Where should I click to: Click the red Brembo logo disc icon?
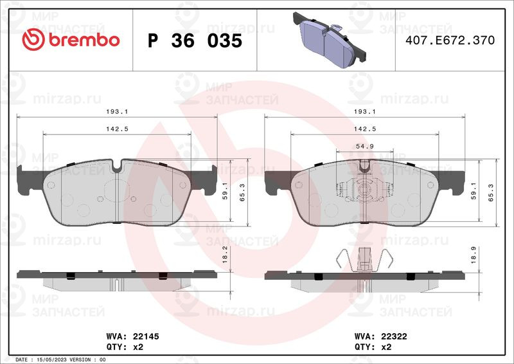click(x=33, y=39)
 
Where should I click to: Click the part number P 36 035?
click(x=195, y=41)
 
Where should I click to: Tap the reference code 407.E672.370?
click(x=450, y=40)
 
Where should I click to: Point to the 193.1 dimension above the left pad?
click(x=117, y=112)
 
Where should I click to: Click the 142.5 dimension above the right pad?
click(x=365, y=129)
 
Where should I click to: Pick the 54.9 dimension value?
click(x=365, y=147)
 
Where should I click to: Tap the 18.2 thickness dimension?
click(x=225, y=255)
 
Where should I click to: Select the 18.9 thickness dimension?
click(x=474, y=255)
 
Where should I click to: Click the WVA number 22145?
click(x=146, y=336)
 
